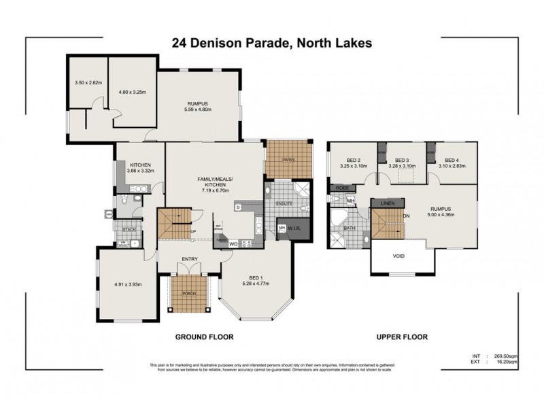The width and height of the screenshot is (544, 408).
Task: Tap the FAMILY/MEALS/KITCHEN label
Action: [215, 184]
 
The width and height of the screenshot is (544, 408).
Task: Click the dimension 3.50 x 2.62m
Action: [88, 83]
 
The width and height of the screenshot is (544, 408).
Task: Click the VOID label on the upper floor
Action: [399, 256]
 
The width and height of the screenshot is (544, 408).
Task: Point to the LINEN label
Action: [388, 203]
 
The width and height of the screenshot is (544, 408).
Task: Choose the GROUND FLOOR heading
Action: [205, 337]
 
